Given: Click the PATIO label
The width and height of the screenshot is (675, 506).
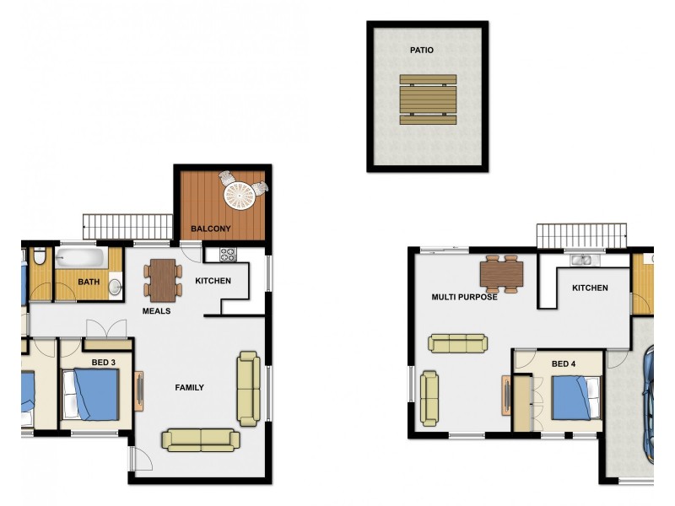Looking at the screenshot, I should pos(422,51).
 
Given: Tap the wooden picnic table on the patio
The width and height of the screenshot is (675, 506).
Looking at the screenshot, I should pos(428,100).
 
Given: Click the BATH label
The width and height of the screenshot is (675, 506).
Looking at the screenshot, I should pos(89,282).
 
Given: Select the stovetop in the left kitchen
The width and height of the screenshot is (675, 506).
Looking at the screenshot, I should pos(228,253).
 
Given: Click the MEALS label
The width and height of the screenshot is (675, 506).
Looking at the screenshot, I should pos(156,311).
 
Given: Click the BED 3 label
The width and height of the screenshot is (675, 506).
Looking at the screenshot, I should pos(100,362).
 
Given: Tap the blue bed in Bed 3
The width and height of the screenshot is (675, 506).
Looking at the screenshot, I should pos(95,394).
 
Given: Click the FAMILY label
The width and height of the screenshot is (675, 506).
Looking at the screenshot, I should pos(189,388).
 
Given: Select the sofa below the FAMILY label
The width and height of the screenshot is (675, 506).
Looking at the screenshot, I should pos(201,439).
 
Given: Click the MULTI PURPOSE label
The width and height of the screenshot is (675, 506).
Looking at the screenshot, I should pos(464,297).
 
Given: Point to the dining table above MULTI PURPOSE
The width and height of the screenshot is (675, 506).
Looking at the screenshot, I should pos(501,272).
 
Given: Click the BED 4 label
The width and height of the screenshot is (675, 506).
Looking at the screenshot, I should pos(564,363).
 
